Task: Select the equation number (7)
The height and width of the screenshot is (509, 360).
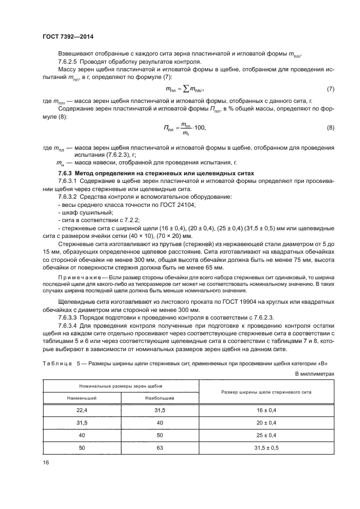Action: tap(330, 88)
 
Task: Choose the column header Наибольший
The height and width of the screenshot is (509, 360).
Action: tap(160, 398)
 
